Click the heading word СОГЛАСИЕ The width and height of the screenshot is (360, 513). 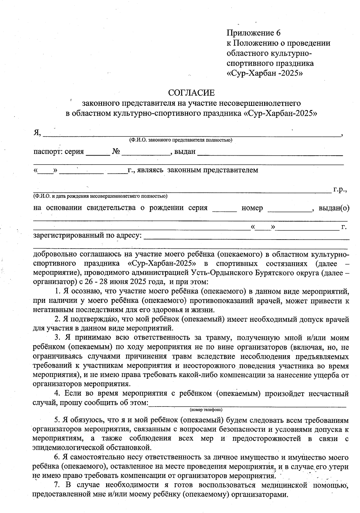[x=192, y=92]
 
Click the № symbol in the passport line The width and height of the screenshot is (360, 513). [x=116, y=152]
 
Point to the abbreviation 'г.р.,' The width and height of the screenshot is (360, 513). [x=340, y=189]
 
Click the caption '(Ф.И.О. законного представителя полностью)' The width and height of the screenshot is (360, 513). [x=180, y=140]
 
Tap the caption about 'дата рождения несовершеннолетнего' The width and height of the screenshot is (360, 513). [x=100, y=196]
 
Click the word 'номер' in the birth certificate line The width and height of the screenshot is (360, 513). [x=252, y=208]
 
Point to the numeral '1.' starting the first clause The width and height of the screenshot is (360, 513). [x=58, y=291]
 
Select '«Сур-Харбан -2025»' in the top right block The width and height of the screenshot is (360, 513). [x=264, y=73]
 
